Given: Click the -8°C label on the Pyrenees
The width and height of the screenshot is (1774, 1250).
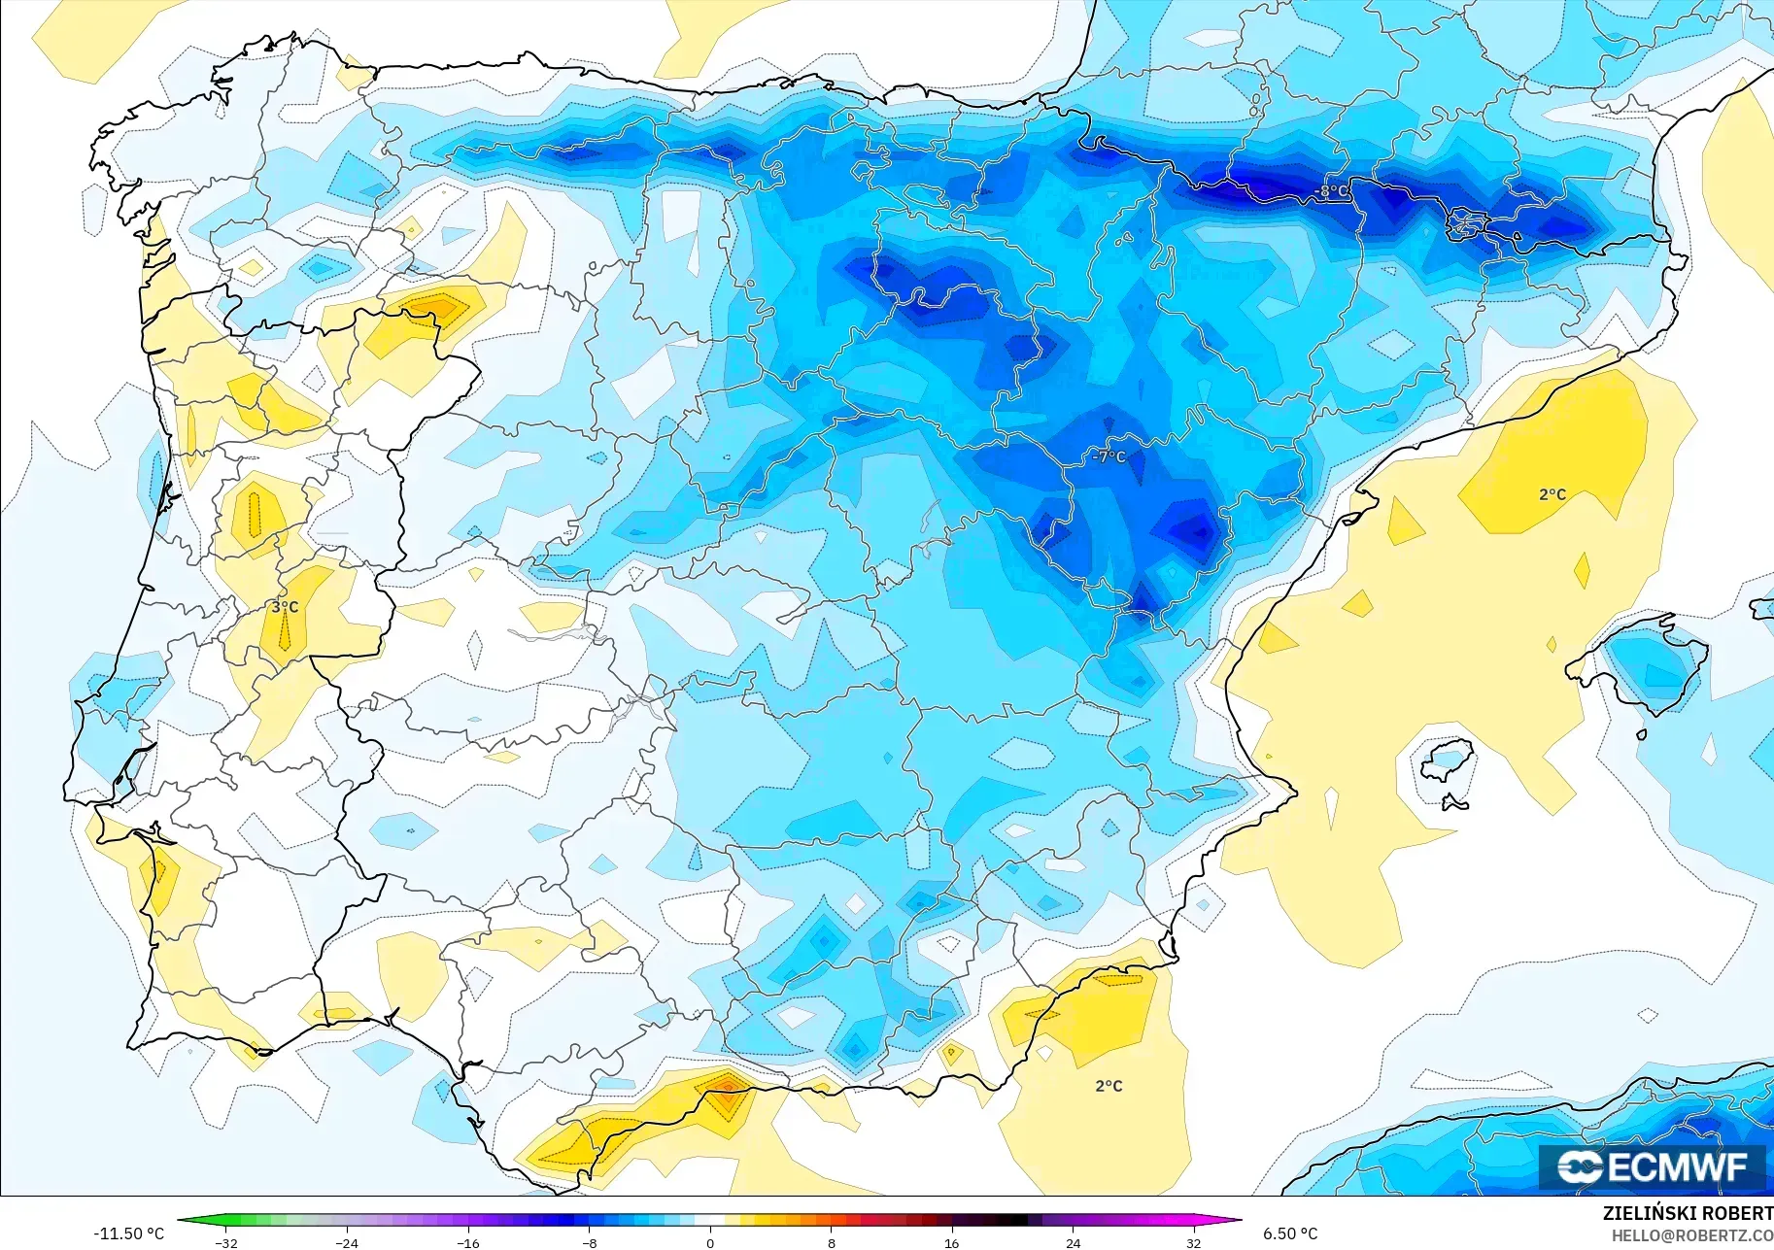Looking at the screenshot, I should [x=1333, y=191].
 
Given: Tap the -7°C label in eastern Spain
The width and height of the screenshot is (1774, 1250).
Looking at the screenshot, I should [x=1109, y=456].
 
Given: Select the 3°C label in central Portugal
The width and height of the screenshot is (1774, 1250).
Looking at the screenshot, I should [x=285, y=607].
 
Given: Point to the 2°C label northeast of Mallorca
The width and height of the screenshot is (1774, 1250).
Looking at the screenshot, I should [x=1552, y=494].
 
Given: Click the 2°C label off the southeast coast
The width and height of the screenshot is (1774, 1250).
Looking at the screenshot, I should [x=1109, y=1086].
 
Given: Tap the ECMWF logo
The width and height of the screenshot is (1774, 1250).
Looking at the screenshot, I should [x=1653, y=1166].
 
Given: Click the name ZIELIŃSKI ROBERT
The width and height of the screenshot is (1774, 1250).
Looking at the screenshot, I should [x=1688, y=1213].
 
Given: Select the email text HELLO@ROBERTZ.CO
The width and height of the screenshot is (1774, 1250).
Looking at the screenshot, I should [x=1692, y=1235].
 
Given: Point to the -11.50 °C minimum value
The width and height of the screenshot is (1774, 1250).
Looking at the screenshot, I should [x=128, y=1233].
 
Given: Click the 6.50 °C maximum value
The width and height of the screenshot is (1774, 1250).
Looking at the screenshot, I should [x=1290, y=1233].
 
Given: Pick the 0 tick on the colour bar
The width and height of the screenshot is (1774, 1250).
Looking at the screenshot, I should [x=710, y=1242].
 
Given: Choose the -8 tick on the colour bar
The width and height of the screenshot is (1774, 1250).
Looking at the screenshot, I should [x=589, y=1242].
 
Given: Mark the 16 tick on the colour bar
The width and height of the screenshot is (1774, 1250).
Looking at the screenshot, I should [x=951, y=1242].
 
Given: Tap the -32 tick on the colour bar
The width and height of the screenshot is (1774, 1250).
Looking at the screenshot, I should [x=226, y=1242].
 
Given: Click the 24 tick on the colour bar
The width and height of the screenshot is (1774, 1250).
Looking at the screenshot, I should [x=1073, y=1242].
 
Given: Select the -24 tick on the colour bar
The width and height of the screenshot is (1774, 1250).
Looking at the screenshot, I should [x=347, y=1242].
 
